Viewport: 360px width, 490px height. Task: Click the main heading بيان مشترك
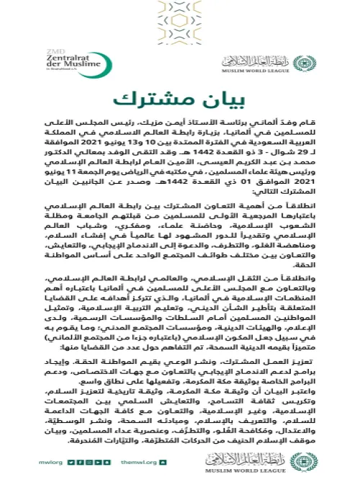click(180, 98)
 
